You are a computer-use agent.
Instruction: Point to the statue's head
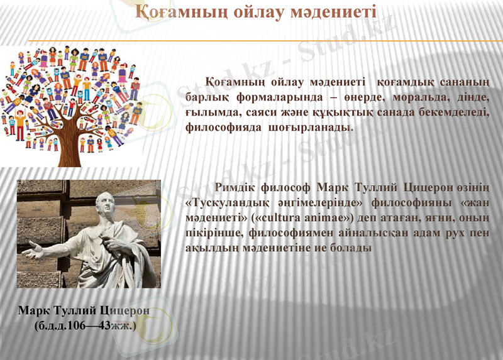(105, 202)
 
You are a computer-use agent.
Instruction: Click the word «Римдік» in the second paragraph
(235, 188)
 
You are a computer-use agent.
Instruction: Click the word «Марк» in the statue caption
(34, 310)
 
